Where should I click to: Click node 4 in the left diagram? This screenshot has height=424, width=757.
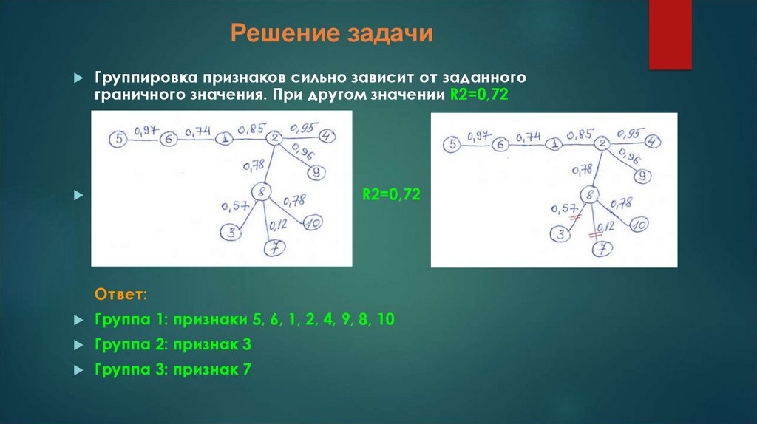click(326, 136)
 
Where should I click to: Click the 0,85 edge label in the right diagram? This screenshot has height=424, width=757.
click(580, 134)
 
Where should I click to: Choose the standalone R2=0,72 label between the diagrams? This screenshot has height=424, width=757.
click(390, 195)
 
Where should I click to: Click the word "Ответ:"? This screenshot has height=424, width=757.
click(121, 295)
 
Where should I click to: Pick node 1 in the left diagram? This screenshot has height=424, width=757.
click(225, 138)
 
